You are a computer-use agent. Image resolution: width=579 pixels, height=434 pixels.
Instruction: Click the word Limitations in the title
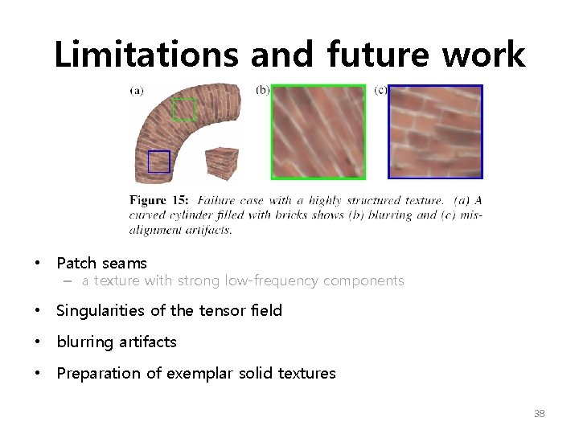click(x=146, y=55)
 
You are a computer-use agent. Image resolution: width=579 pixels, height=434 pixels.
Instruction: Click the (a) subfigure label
click(x=137, y=91)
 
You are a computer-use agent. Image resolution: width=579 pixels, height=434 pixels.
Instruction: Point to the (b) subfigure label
click(x=262, y=90)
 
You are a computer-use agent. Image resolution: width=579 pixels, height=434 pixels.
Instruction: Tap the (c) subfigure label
click(x=380, y=90)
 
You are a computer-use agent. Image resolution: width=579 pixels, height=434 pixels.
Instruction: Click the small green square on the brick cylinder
click(x=184, y=109)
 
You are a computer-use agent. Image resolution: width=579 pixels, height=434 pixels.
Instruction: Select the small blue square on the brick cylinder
click(x=159, y=162)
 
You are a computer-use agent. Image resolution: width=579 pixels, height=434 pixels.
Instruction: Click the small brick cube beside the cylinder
click(x=221, y=164)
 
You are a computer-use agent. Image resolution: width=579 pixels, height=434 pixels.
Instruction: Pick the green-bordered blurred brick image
click(x=318, y=132)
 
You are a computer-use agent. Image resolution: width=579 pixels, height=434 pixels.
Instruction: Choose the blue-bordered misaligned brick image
click(x=435, y=132)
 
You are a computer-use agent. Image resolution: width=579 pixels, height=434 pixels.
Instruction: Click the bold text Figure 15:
click(x=159, y=200)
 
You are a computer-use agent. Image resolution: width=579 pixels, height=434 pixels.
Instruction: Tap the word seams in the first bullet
click(x=125, y=263)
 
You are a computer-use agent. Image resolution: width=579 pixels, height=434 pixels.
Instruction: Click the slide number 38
click(x=539, y=414)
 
